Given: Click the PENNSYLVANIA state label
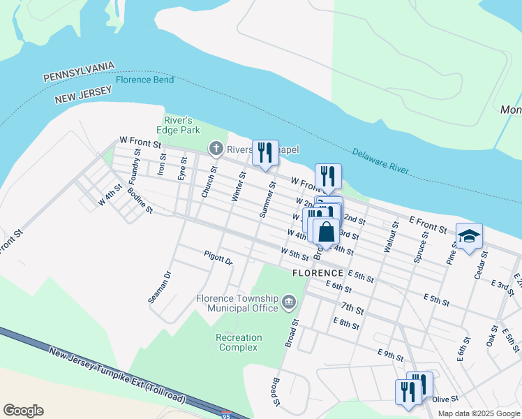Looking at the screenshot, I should [78, 72].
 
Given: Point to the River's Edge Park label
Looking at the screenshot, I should [182, 125].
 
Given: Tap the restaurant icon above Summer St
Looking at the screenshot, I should [265, 152].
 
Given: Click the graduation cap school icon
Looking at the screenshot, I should [470, 235].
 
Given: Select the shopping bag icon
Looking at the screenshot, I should [326, 232].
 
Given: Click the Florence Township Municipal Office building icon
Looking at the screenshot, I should [288, 302].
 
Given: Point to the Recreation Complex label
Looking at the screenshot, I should [239, 342].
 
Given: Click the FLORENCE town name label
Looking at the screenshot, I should [318, 273].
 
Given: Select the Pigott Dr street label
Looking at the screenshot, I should [218, 258].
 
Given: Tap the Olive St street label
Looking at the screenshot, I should [445, 399].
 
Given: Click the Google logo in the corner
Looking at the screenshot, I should [23, 411].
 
